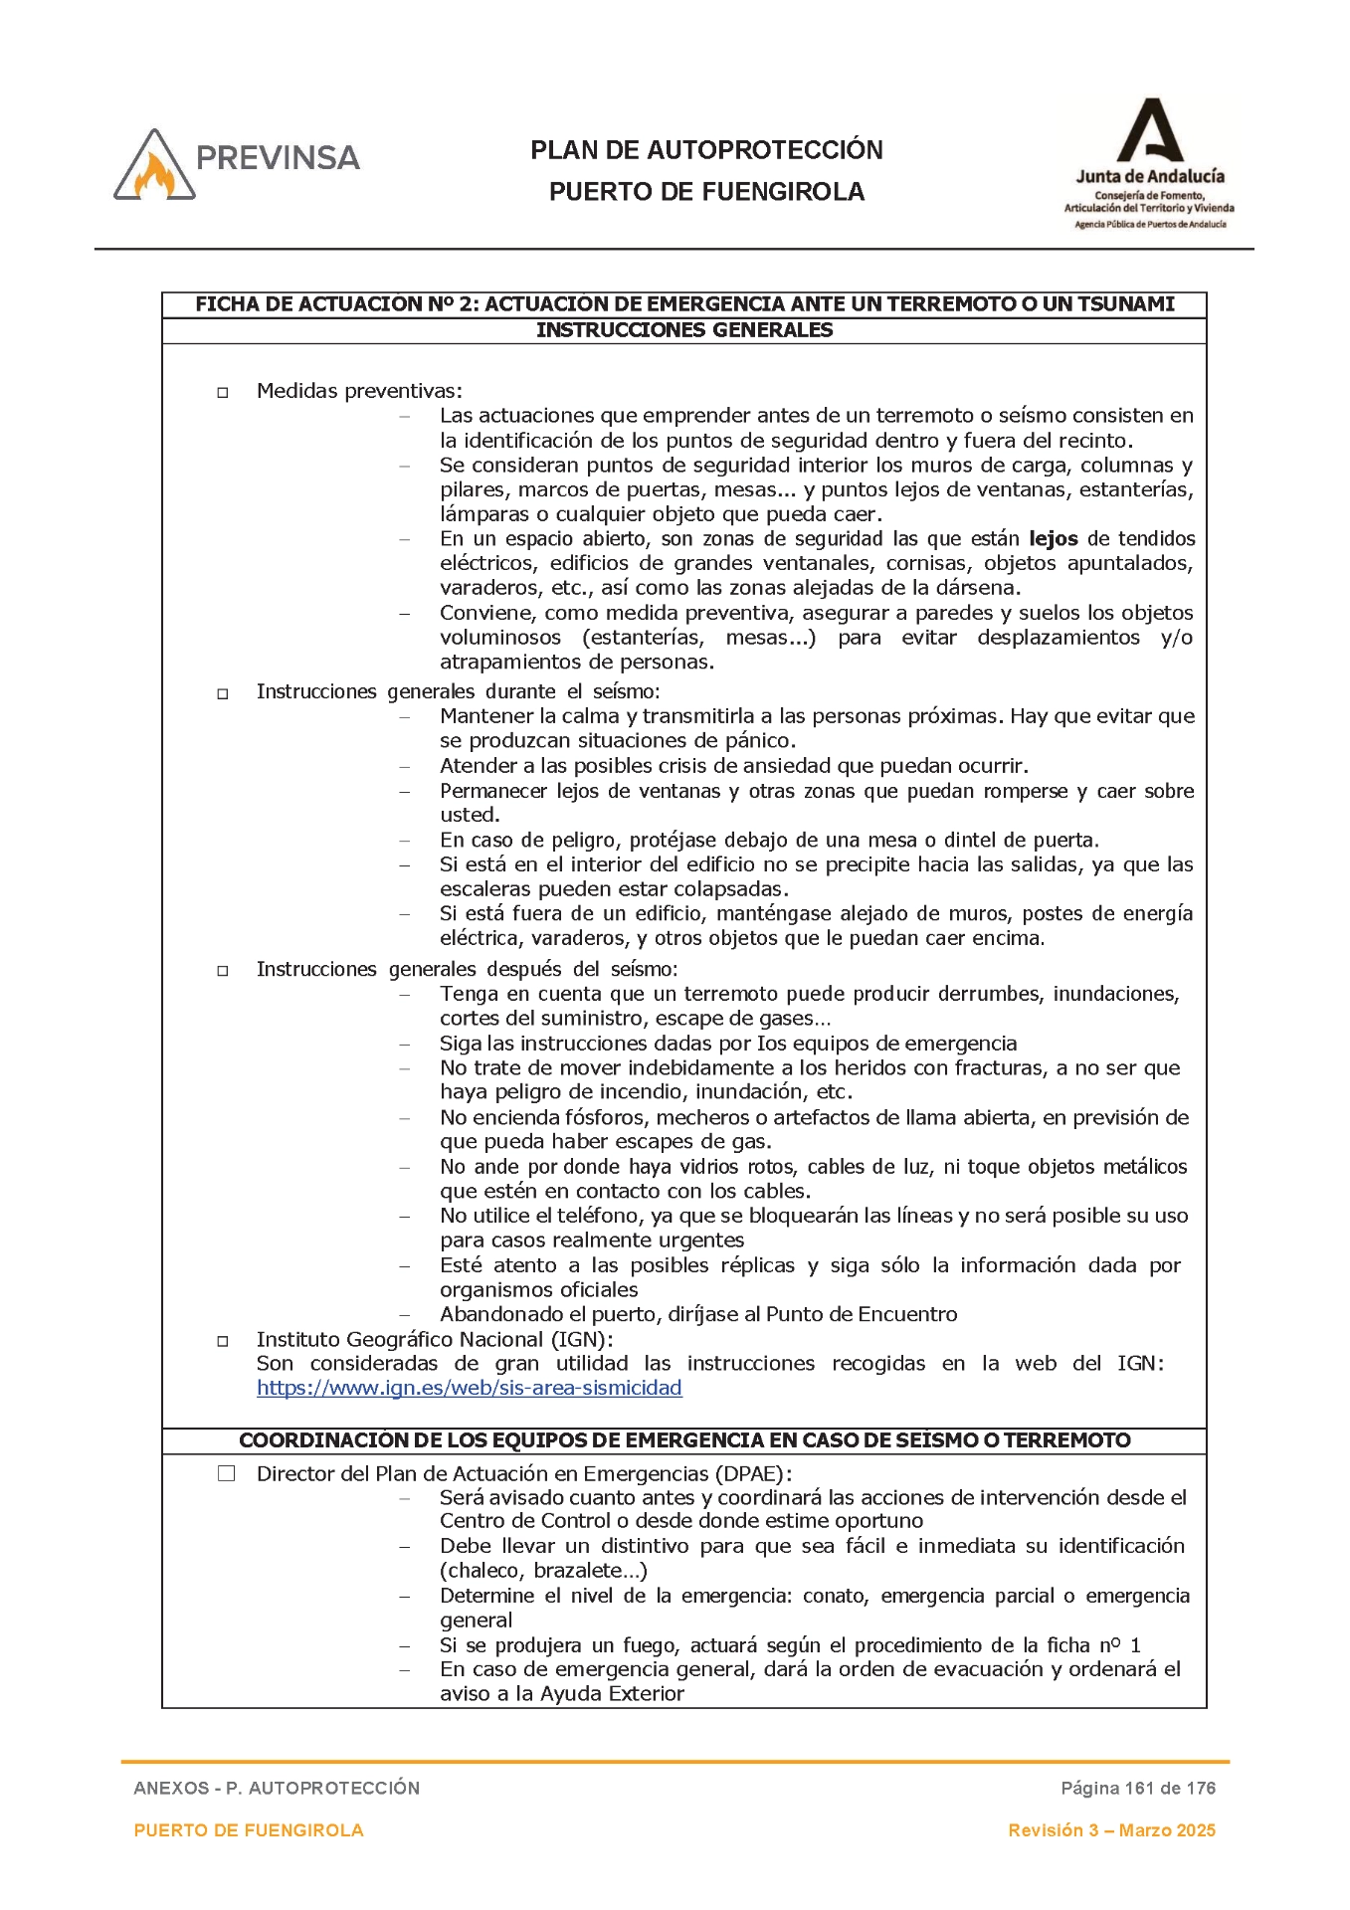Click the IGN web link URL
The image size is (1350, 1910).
click(469, 1388)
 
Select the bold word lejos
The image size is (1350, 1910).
click(1053, 539)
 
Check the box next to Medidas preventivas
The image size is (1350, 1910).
click(223, 393)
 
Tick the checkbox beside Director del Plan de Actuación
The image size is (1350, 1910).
click(227, 1474)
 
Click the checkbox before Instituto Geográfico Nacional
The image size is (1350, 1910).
click(223, 1341)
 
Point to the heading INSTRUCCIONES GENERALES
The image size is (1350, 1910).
click(683, 330)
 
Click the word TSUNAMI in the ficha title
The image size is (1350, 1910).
click(1123, 304)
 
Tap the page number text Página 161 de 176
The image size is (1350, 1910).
click(1137, 1788)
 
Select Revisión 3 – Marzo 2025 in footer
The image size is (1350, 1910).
click(1111, 1830)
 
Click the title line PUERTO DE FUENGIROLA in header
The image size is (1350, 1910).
click(706, 192)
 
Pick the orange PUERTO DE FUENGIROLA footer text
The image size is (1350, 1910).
click(249, 1830)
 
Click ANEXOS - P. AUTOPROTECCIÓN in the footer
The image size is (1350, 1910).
click(277, 1788)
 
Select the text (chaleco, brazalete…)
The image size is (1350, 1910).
click(543, 1571)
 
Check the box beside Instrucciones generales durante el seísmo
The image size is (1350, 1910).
click(223, 694)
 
